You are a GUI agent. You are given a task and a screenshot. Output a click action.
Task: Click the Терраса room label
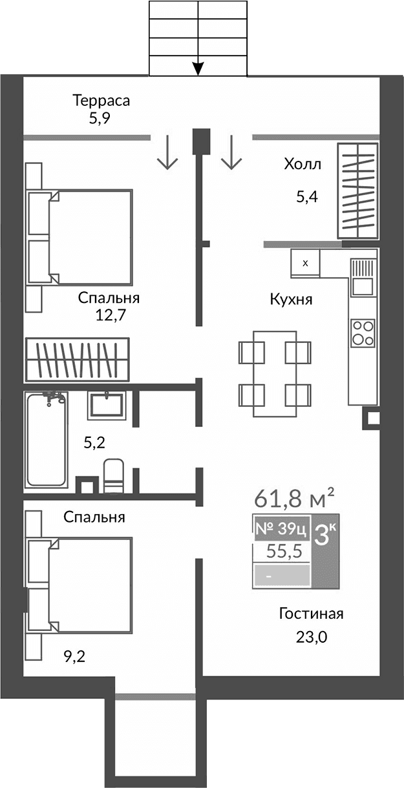[x=101, y=101]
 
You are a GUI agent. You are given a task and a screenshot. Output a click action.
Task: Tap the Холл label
[x=302, y=164]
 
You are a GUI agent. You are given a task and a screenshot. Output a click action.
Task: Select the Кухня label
[x=291, y=300]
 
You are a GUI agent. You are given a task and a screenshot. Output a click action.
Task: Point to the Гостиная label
[x=311, y=614]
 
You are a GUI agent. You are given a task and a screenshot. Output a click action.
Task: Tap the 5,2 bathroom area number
[x=94, y=442]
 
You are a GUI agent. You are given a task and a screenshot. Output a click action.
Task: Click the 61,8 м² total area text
[x=294, y=498]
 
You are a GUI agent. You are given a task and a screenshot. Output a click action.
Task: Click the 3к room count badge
[x=324, y=536]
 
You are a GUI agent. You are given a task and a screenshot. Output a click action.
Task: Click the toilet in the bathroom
[x=113, y=476]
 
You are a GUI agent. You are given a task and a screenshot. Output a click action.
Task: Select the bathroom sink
[x=107, y=404]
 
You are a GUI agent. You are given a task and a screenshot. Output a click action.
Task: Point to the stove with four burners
[x=363, y=333]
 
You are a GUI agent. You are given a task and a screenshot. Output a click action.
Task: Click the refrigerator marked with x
[x=306, y=263]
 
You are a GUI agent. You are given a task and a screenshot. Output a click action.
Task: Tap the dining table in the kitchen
[x=275, y=373]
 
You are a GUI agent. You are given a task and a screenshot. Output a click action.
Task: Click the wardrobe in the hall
[x=356, y=191]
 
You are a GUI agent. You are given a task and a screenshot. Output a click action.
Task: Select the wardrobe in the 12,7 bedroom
[x=76, y=359]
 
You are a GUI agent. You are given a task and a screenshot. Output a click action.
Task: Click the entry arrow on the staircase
[x=198, y=67]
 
